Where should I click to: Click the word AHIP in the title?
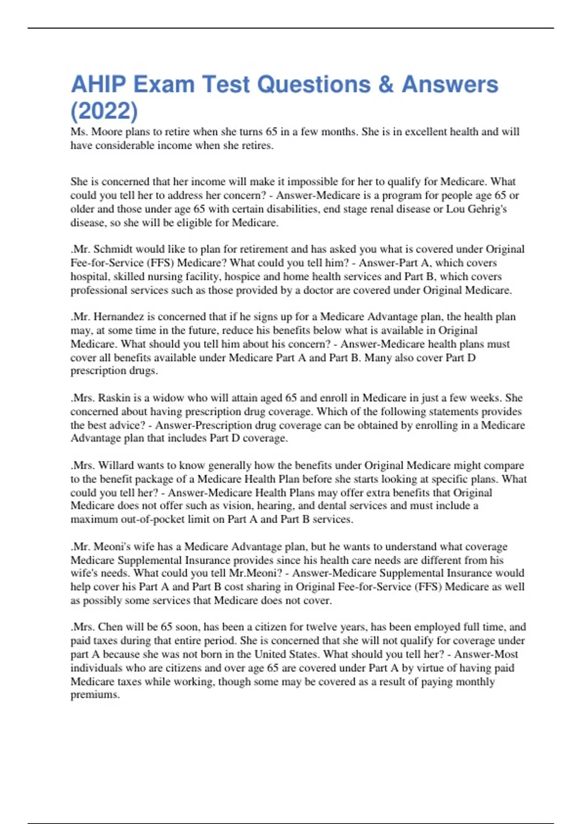[x=98, y=84]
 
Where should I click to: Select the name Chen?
[x=109, y=627]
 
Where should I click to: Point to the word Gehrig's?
[x=487, y=209]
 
